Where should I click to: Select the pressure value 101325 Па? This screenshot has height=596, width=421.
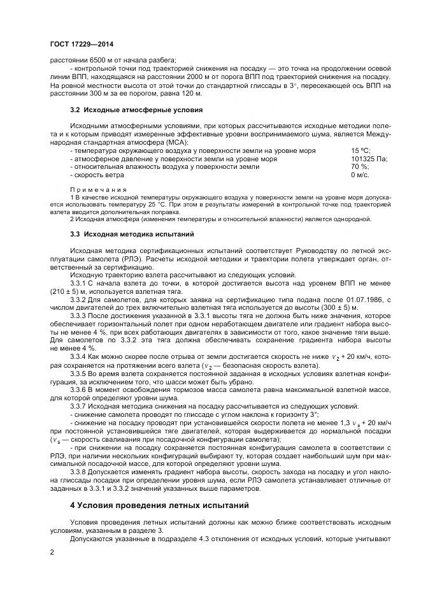tap(369, 158)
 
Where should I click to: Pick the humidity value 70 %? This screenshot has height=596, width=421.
tap(359, 166)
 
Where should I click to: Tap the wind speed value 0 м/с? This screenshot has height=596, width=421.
tap(360, 175)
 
